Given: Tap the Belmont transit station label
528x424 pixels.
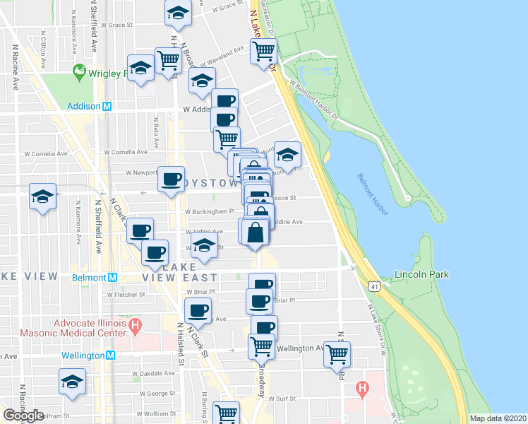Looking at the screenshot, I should click(88, 278).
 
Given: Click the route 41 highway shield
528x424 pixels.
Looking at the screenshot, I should click(372, 283).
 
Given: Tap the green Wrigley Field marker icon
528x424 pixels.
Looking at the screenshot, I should click(78, 71).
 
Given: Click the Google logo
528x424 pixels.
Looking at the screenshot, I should click(23, 416).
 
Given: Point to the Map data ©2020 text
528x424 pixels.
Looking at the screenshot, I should click(498, 418).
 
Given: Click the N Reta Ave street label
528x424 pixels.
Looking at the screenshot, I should click(154, 128).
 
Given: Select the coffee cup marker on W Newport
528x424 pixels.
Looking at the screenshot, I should click(170, 179).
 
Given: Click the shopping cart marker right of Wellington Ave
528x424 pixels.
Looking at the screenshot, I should click(337, 353).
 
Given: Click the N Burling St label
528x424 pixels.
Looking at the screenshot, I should click(203, 406).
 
